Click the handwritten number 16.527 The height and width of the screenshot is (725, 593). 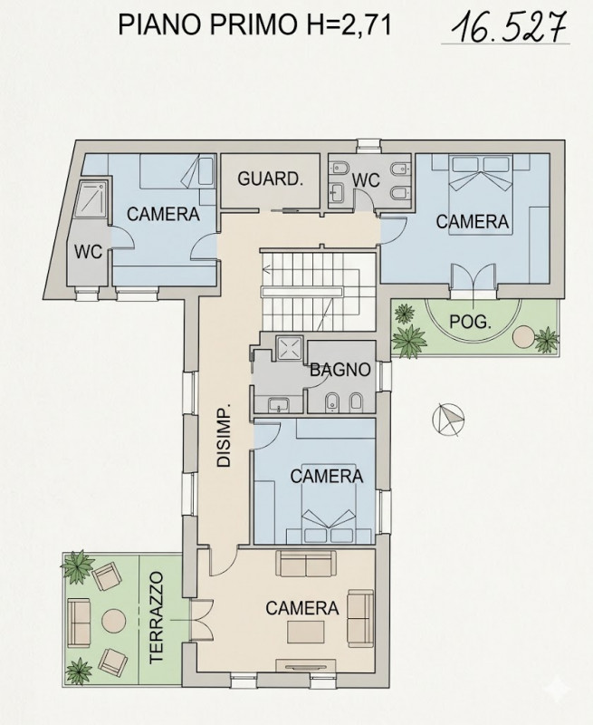click(x=504, y=28)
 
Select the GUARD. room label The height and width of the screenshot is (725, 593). click(x=270, y=179)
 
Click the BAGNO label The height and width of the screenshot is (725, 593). click(x=340, y=370)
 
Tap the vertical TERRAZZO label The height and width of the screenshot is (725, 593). click(x=156, y=618)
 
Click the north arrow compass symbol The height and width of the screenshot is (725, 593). click(x=447, y=419)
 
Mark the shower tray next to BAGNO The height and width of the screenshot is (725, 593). click(x=289, y=349)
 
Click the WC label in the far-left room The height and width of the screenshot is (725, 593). click(x=88, y=250)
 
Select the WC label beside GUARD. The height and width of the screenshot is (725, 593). click(x=366, y=180)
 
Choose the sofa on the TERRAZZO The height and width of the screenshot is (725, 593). click(x=79, y=622)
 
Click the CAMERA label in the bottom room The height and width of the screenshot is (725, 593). click(x=301, y=608)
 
